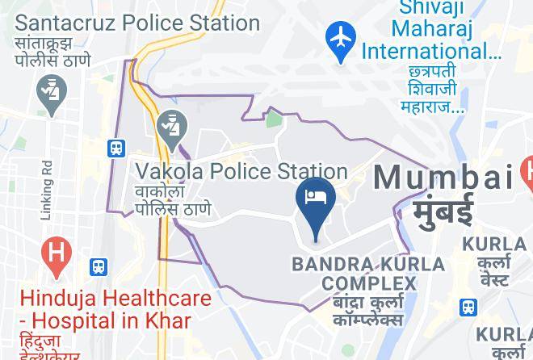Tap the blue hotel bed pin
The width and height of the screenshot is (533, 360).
(x=316, y=199)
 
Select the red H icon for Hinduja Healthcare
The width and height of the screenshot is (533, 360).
(x=55, y=252)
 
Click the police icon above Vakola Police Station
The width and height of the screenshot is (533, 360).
(x=172, y=127)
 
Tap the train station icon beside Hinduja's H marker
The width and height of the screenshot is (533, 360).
(x=99, y=266)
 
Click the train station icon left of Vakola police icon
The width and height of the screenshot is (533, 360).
(x=117, y=148)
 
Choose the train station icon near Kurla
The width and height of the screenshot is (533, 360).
(x=468, y=307)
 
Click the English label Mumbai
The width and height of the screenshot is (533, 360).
(x=443, y=177)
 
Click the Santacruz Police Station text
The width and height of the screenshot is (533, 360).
(x=137, y=22)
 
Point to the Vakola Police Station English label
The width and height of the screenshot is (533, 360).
(x=241, y=171)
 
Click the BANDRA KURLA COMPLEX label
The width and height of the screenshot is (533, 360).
(x=368, y=274)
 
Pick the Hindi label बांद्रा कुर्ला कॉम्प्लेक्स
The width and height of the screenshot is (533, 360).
(x=368, y=311)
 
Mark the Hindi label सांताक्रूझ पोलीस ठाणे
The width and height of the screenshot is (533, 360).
(x=53, y=51)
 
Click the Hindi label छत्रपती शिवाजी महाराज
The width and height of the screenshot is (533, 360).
(x=430, y=89)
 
